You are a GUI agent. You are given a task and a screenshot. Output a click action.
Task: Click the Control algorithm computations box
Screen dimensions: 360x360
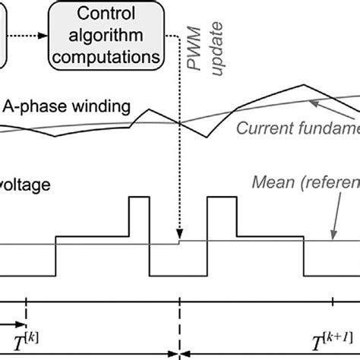click(x=106, y=34)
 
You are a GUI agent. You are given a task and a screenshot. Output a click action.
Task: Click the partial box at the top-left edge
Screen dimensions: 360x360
click(x=5, y=34)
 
